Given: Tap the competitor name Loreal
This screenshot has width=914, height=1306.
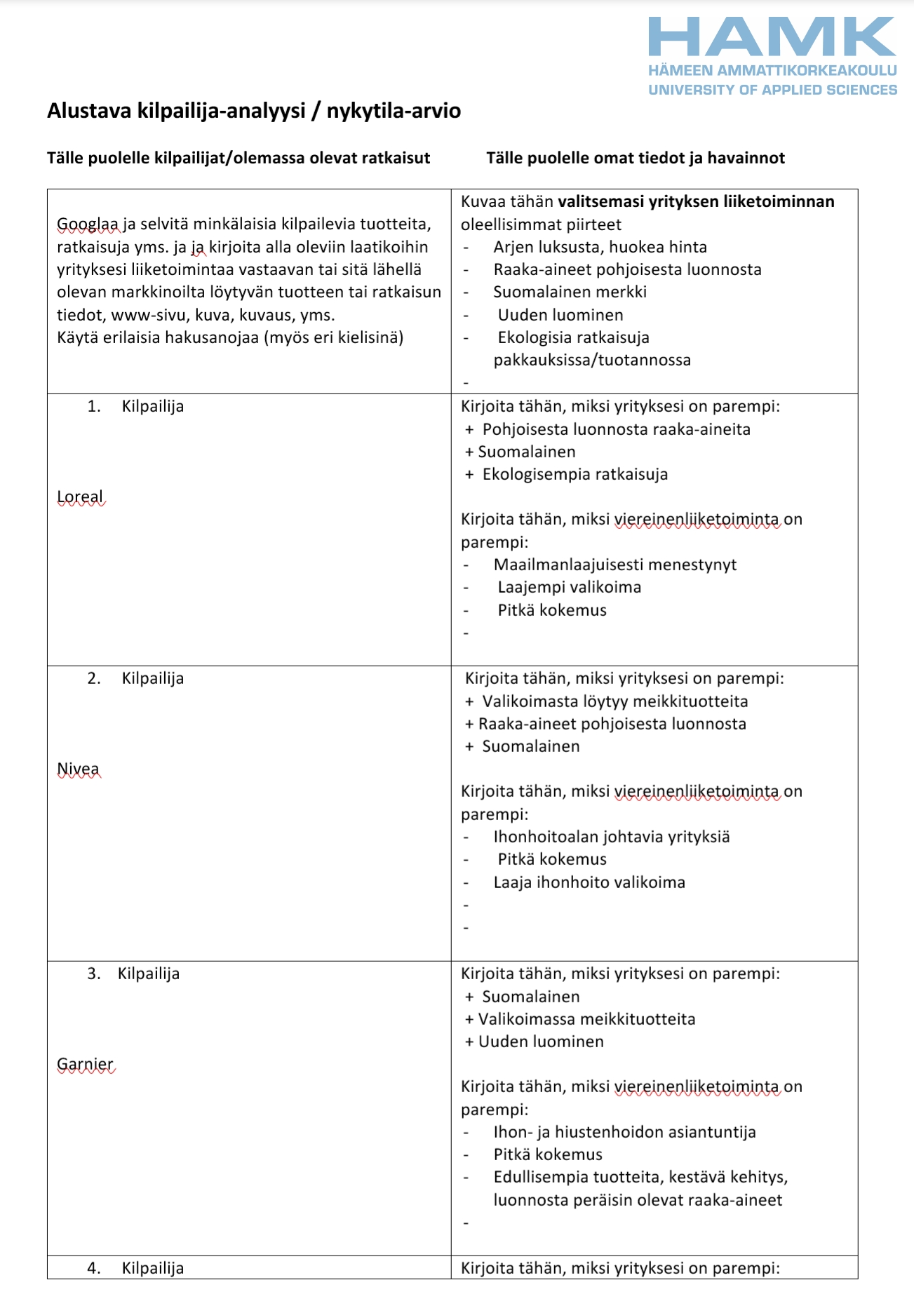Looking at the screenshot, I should [x=80, y=497].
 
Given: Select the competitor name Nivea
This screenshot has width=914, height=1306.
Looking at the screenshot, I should [x=78, y=769].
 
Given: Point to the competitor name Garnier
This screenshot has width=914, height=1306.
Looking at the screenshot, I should [x=85, y=1065].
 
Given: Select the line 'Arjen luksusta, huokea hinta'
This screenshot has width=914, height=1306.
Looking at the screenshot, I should [x=600, y=247].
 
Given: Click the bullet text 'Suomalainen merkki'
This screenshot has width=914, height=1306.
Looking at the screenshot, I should [x=570, y=292].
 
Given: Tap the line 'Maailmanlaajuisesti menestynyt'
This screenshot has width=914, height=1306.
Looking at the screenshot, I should [x=614, y=565].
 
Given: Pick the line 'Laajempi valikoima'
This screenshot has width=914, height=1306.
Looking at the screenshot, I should [x=569, y=587].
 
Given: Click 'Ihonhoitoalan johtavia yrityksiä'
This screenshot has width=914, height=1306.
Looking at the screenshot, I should [x=611, y=837].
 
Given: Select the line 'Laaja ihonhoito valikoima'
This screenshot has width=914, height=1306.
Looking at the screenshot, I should [x=589, y=882].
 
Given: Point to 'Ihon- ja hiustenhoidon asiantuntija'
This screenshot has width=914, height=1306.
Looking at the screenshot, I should [x=624, y=1132].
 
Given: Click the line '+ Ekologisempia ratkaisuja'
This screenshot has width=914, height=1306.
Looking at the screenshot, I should [x=567, y=474].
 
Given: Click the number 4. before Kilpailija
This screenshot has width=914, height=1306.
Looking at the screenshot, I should [x=94, y=1268].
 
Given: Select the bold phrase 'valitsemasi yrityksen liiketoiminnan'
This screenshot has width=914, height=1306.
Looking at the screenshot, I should [x=696, y=202].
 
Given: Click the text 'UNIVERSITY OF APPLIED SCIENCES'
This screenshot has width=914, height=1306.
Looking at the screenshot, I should [x=772, y=90].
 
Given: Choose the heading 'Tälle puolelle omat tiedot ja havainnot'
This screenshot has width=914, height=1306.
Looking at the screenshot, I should [x=636, y=158].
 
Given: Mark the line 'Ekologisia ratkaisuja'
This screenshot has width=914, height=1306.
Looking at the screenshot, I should [x=573, y=337].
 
